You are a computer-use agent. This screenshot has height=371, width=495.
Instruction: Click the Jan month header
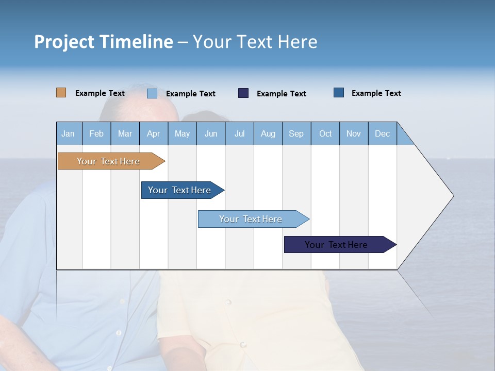[69, 133]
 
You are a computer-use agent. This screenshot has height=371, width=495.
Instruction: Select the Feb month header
[96, 133]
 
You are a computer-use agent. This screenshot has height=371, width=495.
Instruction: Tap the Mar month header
[125, 133]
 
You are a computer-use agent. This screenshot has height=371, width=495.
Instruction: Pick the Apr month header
[154, 133]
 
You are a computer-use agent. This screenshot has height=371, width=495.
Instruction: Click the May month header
[182, 133]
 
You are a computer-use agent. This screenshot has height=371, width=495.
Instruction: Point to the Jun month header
[211, 133]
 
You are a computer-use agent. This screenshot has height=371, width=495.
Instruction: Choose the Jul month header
[239, 133]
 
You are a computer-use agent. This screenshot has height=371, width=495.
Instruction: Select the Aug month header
[268, 133]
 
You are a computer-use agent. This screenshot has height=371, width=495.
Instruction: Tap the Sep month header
[296, 133]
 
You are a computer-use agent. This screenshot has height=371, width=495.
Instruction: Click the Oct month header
[325, 133]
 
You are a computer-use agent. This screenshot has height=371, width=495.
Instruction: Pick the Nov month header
[354, 133]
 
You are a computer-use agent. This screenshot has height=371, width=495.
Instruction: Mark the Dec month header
[383, 133]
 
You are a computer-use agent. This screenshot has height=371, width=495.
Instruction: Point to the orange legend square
[61, 93]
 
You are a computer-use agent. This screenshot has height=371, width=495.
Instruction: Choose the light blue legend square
[152, 93]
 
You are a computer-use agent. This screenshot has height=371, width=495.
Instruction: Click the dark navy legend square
[243, 93]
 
